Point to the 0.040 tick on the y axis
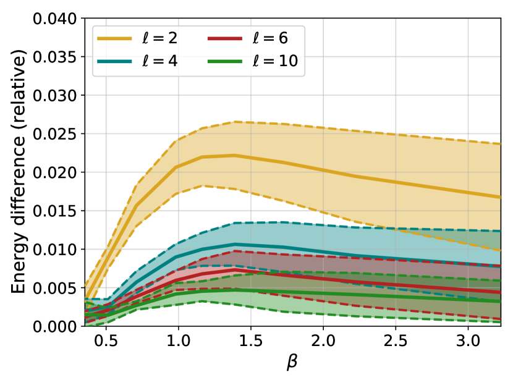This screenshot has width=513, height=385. pos(59,19)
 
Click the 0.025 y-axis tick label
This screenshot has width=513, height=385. pos(59,134)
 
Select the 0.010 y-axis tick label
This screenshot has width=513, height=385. pos(59,249)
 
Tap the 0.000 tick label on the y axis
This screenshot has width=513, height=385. pos(59,326)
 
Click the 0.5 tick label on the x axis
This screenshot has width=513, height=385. pos(106,341)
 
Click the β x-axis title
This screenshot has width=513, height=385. pos(292,365)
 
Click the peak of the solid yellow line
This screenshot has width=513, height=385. pos(235,155)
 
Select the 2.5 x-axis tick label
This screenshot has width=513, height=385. pos(395,341)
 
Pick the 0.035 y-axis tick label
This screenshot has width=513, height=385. pos(59,57)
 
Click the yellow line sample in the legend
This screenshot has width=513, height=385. pos(114,38)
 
